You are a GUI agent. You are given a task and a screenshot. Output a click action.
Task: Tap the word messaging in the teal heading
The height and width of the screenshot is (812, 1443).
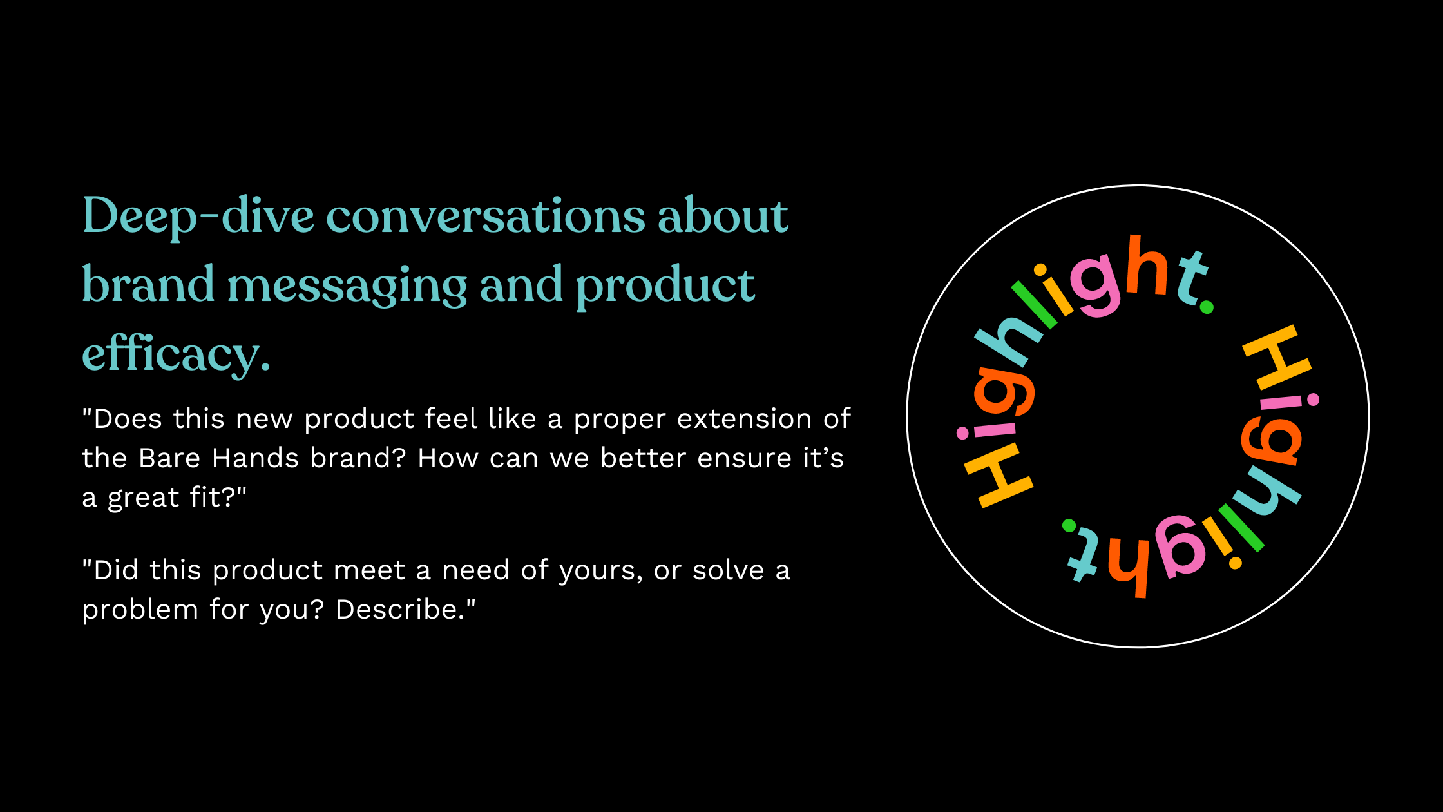[347, 286]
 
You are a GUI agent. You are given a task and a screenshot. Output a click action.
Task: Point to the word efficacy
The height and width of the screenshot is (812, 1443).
[176, 354]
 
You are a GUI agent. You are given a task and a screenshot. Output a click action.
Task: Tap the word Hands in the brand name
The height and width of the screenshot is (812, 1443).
[255, 458]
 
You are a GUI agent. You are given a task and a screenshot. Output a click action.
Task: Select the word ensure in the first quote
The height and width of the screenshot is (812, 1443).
[744, 459]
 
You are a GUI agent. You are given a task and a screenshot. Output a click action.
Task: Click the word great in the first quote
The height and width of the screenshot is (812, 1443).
[143, 498]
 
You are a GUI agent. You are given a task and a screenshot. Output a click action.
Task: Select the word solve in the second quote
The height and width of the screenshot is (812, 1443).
[728, 570]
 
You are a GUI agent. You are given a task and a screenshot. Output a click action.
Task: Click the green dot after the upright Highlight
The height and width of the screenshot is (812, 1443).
[1207, 307]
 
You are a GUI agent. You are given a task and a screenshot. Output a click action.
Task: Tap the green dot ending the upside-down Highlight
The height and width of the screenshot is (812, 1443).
[1069, 526]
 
